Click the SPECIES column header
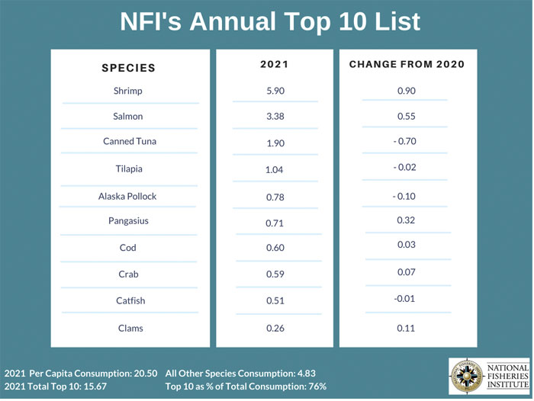point(128,68)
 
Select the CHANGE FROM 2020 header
point(407,65)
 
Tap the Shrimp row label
point(127,91)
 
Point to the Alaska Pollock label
point(127,196)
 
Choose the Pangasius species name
point(127,221)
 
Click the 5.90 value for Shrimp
point(274,91)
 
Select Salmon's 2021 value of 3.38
point(274,117)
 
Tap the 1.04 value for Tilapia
point(274,170)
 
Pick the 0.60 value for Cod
point(274,249)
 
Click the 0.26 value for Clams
point(274,329)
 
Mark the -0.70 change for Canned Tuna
point(407,142)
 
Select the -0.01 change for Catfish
point(407,298)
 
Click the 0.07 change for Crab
point(407,271)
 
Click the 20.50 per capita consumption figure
point(143,374)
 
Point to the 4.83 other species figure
point(304,374)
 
